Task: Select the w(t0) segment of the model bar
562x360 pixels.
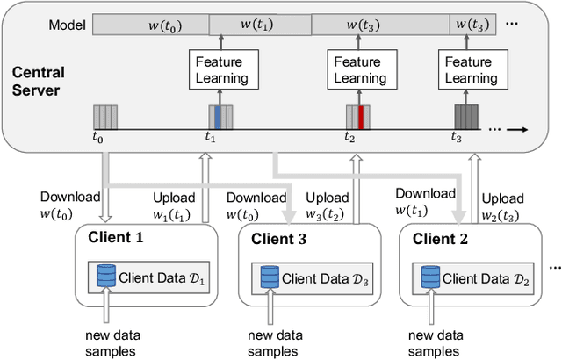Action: point(150,25)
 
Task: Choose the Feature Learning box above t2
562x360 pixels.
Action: point(357,69)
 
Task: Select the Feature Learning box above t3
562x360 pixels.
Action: point(468,69)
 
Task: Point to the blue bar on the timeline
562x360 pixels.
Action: point(219,117)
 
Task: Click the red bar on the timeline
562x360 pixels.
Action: point(359,117)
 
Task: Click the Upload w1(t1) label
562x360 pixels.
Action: point(174,205)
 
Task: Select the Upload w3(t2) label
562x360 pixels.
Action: point(325,205)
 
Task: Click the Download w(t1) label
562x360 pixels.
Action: point(425,201)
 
